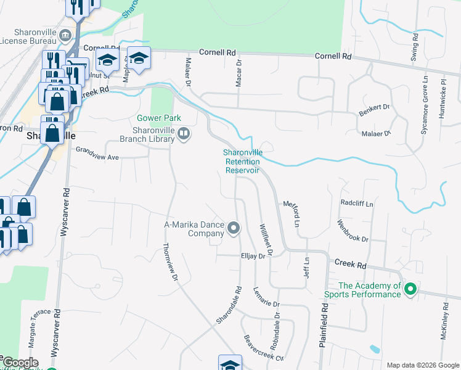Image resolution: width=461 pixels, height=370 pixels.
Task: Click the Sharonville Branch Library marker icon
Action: click(x=183, y=134)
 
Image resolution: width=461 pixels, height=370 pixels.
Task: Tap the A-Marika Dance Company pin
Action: click(x=234, y=229)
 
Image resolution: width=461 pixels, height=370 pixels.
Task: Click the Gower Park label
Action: click(x=159, y=118)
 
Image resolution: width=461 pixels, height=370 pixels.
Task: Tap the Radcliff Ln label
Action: click(x=357, y=203)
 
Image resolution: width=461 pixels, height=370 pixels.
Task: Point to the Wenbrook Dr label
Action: click(x=353, y=231)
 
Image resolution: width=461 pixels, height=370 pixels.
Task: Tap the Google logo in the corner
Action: click(x=20, y=363)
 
